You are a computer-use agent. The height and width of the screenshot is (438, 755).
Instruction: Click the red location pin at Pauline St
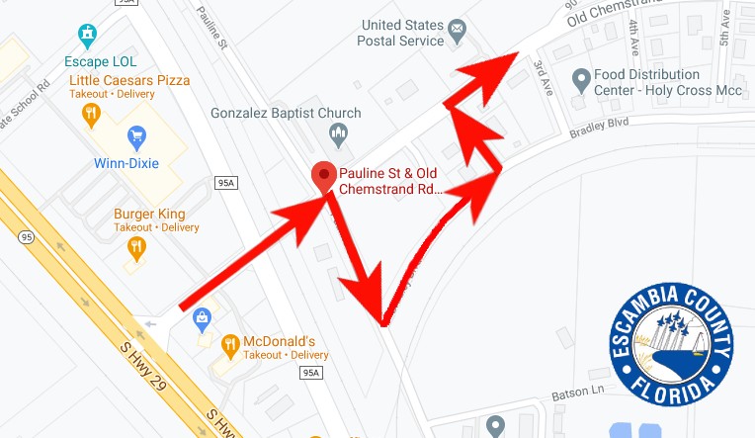pyautogui.click(x=323, y=176)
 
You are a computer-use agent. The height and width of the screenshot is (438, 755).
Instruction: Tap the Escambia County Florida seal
pyautogui.click(x=671, y=347)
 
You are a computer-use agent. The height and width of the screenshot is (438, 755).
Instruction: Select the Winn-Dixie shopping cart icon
pyautogui.click(x=136, y=135)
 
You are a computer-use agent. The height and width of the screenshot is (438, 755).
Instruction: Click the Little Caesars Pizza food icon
pyautogui.click(x=92, y=116)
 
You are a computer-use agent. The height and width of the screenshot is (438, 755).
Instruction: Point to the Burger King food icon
pyautogui.click(x=136, y=247)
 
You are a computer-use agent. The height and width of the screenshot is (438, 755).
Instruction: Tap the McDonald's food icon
pyautogui.click(x=230, y=345)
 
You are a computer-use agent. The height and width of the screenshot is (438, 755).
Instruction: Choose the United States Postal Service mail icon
pyautogui.click(x=457, y=33)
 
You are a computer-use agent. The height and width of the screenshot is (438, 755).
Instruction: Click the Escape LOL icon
pyautogui.click(x=89, y=37)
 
